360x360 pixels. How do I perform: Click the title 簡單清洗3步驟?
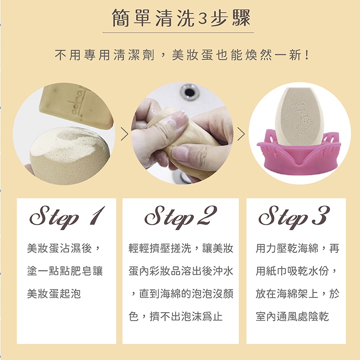click(181, 18)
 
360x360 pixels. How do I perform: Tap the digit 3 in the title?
click(202, 18)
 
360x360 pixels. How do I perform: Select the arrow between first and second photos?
click(125, 134)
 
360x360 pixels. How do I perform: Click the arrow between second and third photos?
click(241, 134)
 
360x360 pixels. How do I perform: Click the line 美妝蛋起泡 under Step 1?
click(54, 294)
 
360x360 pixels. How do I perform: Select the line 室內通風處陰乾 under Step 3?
click(292, 316)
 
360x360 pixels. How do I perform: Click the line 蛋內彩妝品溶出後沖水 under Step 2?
click(181, 271)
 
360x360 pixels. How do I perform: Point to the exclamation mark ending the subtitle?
click(307, 55)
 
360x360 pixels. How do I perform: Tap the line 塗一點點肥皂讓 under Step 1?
click(65, 271)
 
